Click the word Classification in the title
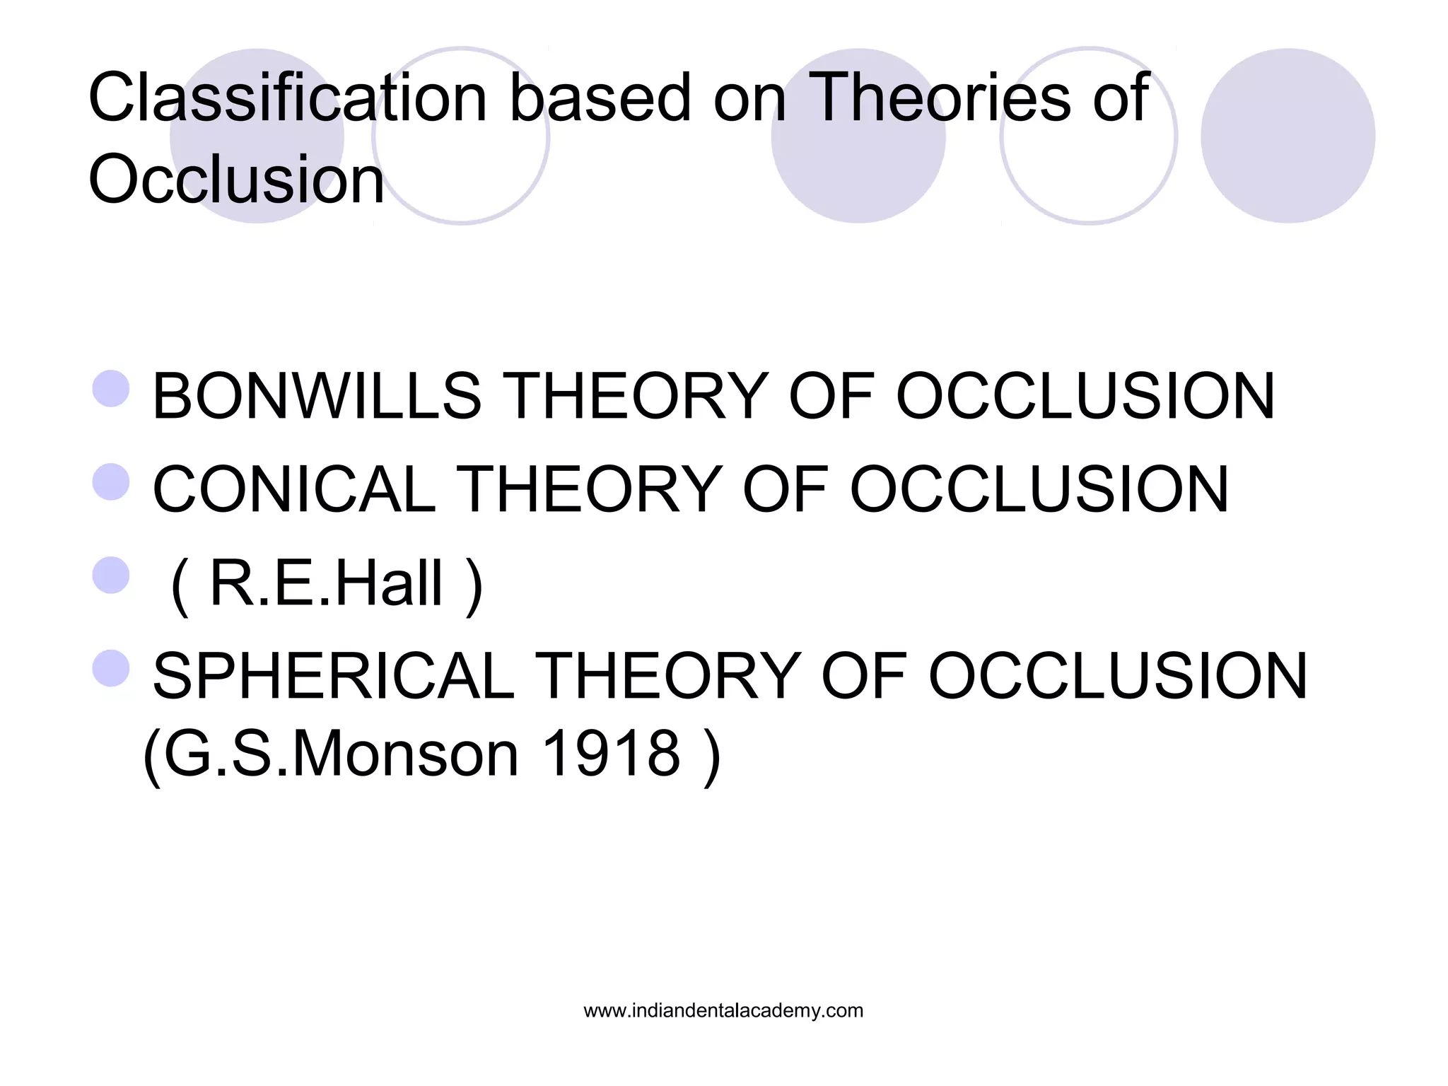[287, 99]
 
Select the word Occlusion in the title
[236, 180]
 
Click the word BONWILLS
[317, 397]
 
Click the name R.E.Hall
[326, 584]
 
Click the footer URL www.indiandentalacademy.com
[723, 1011]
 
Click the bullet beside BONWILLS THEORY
[111, 388]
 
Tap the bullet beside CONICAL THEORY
[111, 481]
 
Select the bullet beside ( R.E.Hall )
[111, 575]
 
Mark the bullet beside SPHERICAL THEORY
[111, 668]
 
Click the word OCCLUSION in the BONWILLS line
[1085, 397]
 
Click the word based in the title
[600, 99]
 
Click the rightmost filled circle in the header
[1288, 136]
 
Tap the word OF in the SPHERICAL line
[863, 677]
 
